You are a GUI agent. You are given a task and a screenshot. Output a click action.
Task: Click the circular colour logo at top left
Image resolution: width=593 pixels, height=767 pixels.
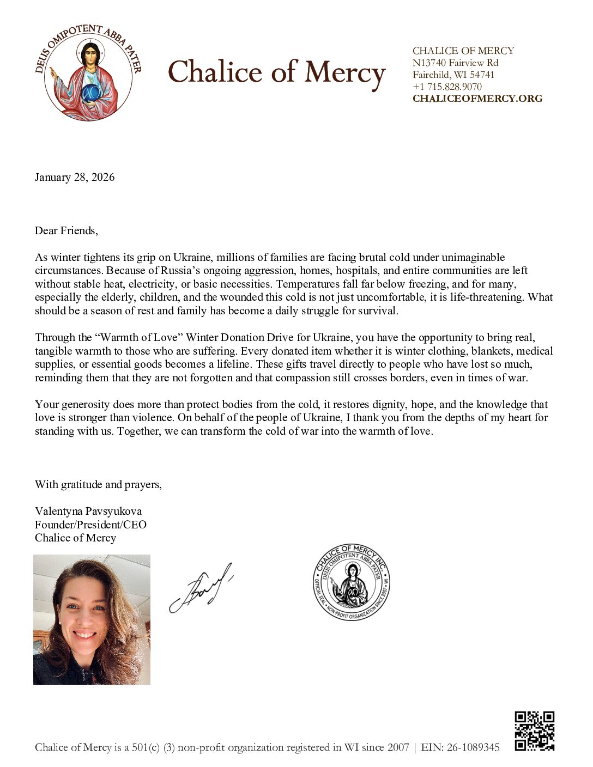pyautogui.click(x=87, y=72)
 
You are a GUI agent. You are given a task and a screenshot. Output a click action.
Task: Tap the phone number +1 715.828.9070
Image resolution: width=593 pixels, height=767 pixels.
pyautogui.click(x=447, y=87)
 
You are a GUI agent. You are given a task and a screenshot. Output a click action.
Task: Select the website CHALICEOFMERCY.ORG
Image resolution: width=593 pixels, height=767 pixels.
pyautogui.click(x=477, y=99)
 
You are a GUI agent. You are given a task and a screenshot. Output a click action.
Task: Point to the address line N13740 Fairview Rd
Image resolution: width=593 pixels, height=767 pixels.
pyautogui.click(x=455, y=63)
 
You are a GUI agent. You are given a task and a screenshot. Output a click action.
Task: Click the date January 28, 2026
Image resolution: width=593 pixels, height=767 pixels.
pyautogui.click(x=75, y=177)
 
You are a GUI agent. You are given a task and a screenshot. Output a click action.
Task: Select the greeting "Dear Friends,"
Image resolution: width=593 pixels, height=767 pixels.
pyautogui.click(x=66, y=230)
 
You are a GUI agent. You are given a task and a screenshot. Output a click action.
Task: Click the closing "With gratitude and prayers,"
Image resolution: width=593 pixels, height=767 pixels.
pyautogui.click(x=98, y=484)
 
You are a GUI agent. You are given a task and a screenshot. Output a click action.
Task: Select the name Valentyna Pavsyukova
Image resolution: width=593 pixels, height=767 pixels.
pyautogui.click(x=88, y=511)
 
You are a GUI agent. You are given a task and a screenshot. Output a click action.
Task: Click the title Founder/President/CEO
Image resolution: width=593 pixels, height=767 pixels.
pyautogui.click(x=90, y=525)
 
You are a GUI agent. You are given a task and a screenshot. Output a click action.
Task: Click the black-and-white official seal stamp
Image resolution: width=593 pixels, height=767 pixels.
pyautogui.click(x=352, y=582)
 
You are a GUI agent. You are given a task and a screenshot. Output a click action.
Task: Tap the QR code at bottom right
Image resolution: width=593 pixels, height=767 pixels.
pyautogui.click(x=534, y=731)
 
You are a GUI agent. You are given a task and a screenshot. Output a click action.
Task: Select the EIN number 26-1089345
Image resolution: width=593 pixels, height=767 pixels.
pyautogui.click(x=473, y=747)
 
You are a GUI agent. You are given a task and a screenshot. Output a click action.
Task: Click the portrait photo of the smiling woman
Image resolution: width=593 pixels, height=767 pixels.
pyautogui.click(x=92, y=619)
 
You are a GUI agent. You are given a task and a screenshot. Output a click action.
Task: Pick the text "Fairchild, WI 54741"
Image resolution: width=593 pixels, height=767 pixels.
pyautogui.click(x=453, y=75)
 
